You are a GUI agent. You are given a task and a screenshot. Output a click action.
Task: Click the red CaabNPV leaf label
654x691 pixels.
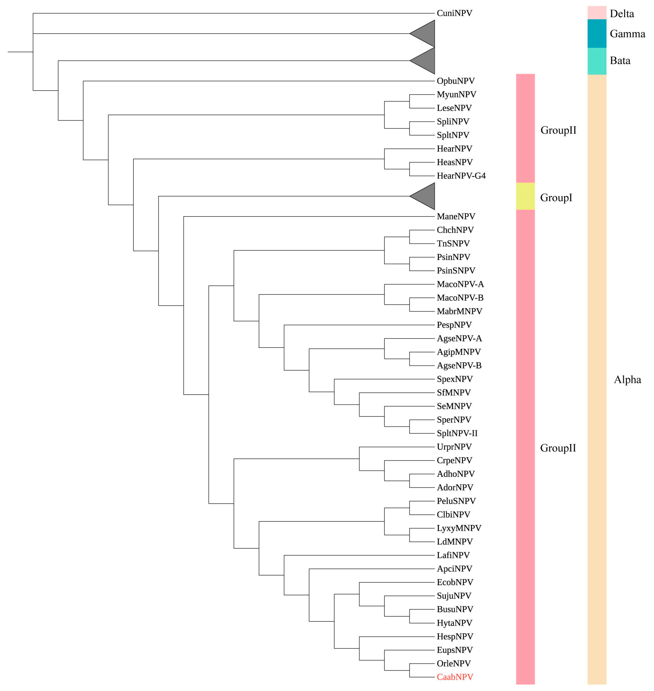(455, 677)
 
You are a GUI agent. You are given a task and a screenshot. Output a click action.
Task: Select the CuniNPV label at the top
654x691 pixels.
(454, 13)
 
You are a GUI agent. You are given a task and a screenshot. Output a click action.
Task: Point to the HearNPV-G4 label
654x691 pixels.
(461, 176)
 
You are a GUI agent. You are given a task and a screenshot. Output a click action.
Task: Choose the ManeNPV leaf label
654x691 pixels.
(456, 216)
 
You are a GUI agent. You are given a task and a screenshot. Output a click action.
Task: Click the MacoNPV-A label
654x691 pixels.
(460, 284)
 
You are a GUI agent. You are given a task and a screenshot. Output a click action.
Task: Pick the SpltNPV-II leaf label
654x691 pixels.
(457, 433)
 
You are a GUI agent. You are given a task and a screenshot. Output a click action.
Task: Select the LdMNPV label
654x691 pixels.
(455, 541)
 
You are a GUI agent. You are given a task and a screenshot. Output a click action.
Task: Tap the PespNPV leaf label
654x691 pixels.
(454, 325)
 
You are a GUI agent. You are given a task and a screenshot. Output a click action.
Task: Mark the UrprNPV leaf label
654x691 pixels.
(454, 447)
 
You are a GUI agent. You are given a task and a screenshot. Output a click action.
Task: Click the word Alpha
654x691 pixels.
(627, 380)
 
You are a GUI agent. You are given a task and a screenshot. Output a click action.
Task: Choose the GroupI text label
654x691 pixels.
(556, 198)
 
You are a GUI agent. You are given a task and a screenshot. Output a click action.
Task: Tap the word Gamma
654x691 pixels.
(627, 34)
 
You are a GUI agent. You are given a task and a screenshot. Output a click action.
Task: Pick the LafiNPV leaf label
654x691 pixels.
(453, 555)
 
